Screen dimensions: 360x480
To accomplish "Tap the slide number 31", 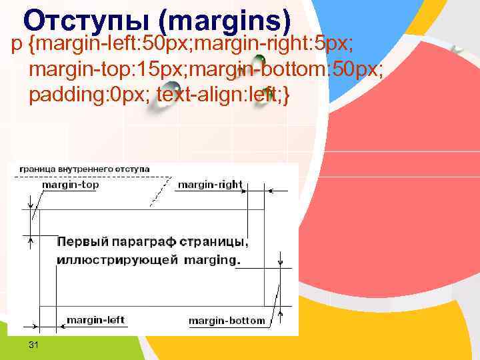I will [34, 344].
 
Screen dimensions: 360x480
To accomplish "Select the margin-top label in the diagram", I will [70, 185].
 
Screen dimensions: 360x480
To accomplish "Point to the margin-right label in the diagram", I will [210, 185].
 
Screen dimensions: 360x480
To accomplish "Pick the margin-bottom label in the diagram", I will [227, 321].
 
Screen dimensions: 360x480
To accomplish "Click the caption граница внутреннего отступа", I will [84, 169].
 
